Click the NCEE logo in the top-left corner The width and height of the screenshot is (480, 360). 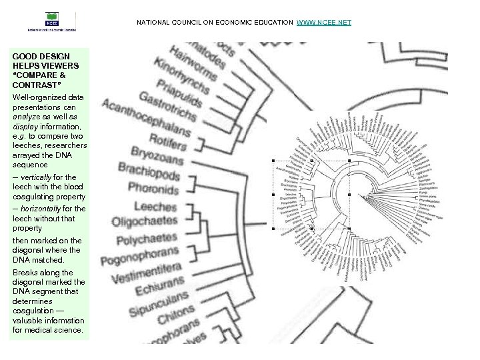[x=52, y=21]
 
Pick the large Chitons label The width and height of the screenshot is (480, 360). [x=176, y=319]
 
